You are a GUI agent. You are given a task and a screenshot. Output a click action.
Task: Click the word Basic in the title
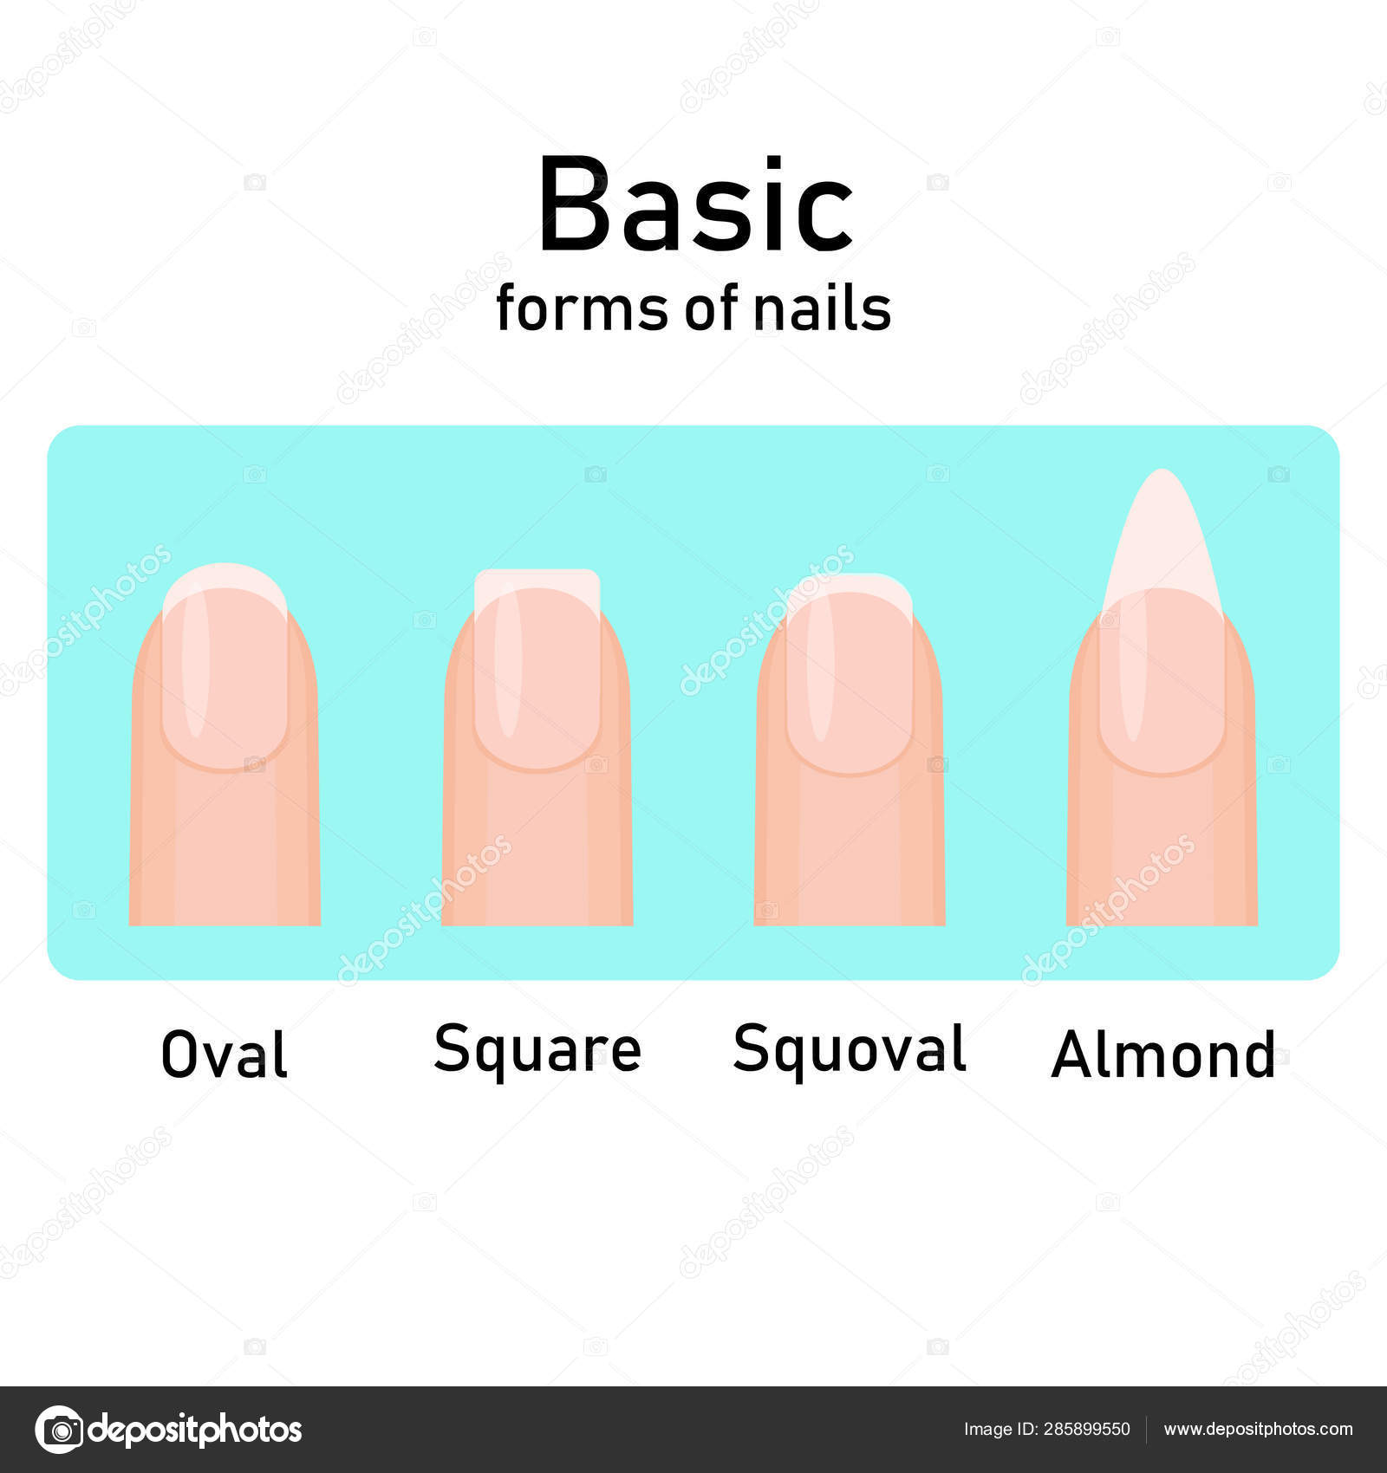[x=695, y=204]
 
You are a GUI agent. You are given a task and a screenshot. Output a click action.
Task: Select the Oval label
[x=225, y=1054]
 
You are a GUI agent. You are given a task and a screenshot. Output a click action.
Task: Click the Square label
[x=537, y=1050]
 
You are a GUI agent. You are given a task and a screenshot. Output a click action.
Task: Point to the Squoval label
[x=850, y=1049]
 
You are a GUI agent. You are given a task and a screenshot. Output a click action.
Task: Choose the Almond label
[x=1163, y=1054]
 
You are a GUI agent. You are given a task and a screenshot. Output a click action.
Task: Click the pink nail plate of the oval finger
[x=225, y=680]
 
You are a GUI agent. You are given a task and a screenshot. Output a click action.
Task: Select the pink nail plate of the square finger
[x=537, y=680]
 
